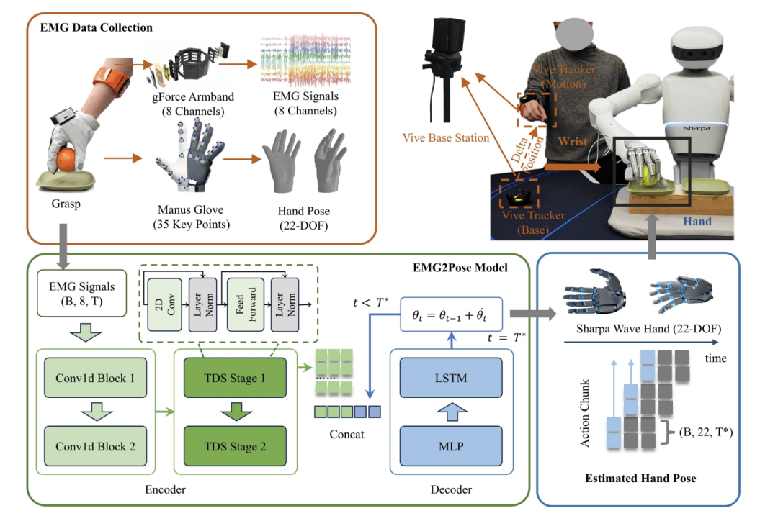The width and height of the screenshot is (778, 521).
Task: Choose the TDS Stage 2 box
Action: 234,445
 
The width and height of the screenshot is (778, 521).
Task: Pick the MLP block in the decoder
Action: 450,445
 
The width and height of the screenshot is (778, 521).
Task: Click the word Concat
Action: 349,434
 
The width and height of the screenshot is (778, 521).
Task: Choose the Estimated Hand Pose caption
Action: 640,478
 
